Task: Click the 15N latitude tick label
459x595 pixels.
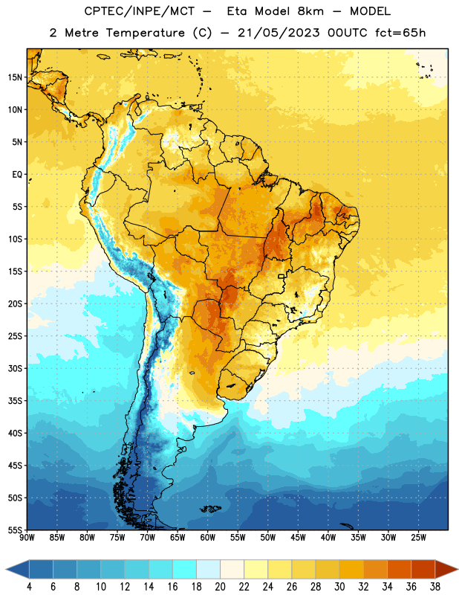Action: point(15,77)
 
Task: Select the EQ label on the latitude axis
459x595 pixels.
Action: point(17,175)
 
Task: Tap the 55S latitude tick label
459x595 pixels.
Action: point(15,530)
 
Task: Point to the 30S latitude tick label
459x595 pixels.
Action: point(15,368)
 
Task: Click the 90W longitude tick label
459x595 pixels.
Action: point(27,537)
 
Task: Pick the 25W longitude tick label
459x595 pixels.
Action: point(418,537)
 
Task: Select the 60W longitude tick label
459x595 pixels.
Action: point(208,537)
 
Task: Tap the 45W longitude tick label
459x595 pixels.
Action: point(298,537)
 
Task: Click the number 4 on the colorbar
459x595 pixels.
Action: point(29,587)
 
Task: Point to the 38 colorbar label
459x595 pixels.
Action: point(435,587)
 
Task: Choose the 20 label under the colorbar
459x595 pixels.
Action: point(220,587)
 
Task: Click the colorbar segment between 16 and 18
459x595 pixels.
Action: point(184,570)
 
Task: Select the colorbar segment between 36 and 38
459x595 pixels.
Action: point(423,570)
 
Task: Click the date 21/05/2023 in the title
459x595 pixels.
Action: point(279,33)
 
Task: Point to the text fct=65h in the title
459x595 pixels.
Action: point(400,33)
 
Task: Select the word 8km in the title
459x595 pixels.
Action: point(310,11)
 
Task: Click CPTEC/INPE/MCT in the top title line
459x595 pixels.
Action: point(140,11)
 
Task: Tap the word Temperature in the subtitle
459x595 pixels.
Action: point(145,33)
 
